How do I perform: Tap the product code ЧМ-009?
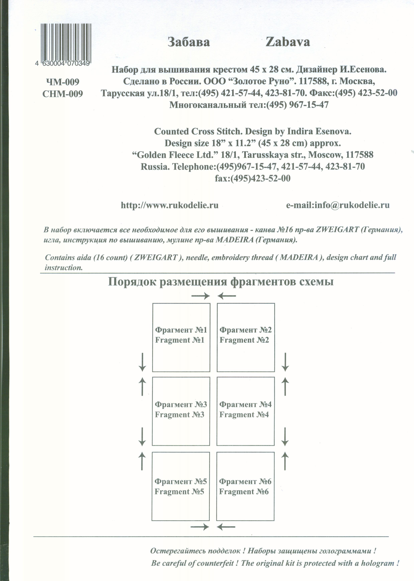(x=63, y=82)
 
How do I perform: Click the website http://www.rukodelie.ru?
(x=170, y=205)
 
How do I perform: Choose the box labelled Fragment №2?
(x=246, y=337)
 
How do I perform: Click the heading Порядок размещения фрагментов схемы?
(x=221, y=282)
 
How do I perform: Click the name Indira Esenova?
(x=319, y=132)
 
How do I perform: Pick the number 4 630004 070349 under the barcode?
(x=63, y=63)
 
